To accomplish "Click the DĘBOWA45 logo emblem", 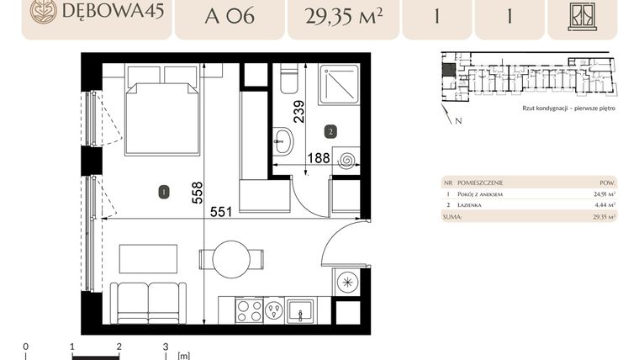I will [x=43, y=12].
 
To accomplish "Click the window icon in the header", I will [x=582, y=15].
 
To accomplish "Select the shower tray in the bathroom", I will [x=338, y=85].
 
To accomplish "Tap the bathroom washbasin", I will [x=283, y=140].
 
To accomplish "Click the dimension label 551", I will [x=220, y=212].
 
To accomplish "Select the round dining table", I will [x=232, y=259].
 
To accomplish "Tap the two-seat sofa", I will [x=150, y=302].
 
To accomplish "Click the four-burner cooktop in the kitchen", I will [x=249, y=310].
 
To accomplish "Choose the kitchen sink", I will [x=300, y=311].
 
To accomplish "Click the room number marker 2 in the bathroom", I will [x=331, y=132].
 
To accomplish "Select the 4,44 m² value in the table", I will [x=605, y=204].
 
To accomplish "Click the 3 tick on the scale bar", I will [x=166, y=347].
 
